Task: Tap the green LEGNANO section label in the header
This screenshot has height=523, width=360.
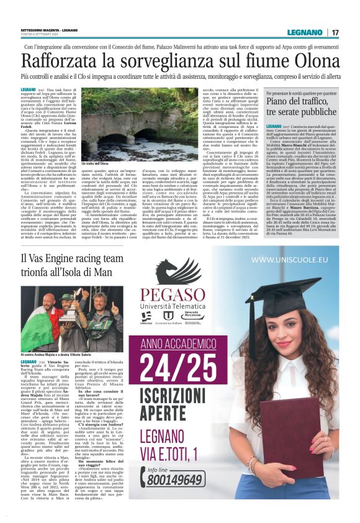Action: pyautogui.click(x=304, y=32)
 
